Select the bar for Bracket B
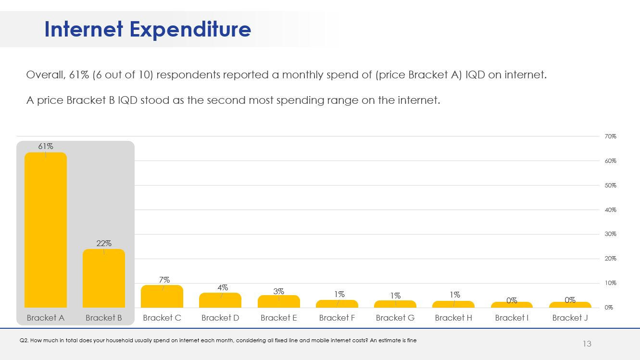pos(104,278)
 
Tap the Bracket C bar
pos(162,297)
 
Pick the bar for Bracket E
pos(279,301)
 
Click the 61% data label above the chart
pos(46,146)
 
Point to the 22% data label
pos(104,243)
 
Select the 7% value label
pos(164,279)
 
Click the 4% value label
pos(223,287)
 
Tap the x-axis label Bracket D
pos(220,318)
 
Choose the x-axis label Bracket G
pos(395,318)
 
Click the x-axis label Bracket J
pos(570,318)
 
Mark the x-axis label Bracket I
pos(512,318)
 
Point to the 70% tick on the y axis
pos(610,137)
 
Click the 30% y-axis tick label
pos(610,234)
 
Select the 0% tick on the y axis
pos(609,308)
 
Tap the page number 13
pos(587,344)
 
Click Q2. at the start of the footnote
pos(24,340)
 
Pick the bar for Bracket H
pos(453,304)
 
